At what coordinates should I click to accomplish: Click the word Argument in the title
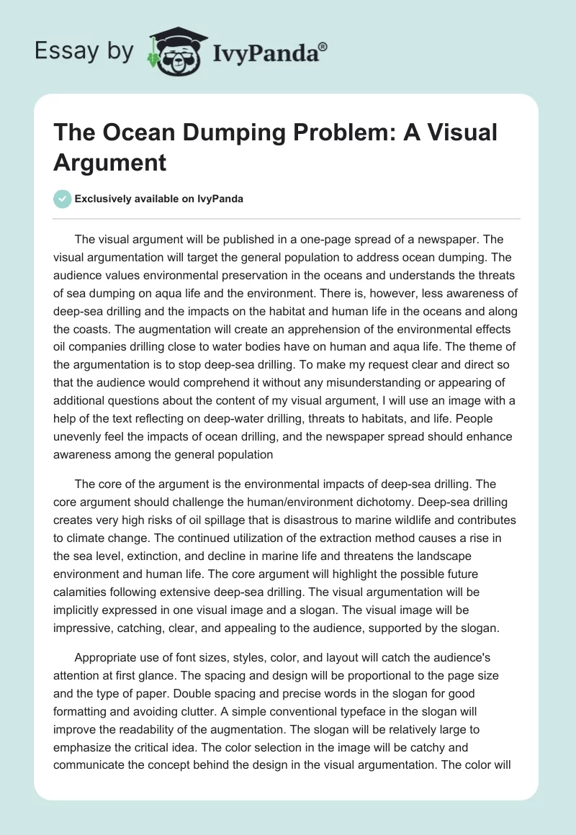pyautogui.click(x=110, y=162)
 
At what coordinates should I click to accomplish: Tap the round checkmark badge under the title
pyautogui.click(x=63, y=199)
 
